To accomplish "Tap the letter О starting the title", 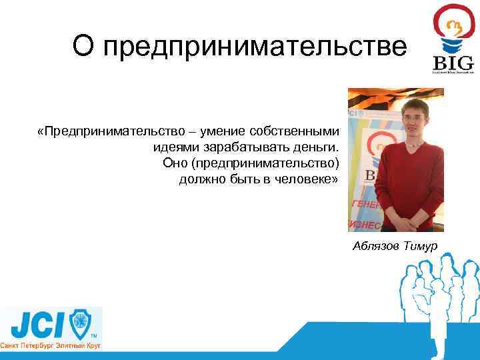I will (83, 47).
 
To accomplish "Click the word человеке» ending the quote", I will (309, 180).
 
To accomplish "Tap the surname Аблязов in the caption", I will (377, 247).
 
